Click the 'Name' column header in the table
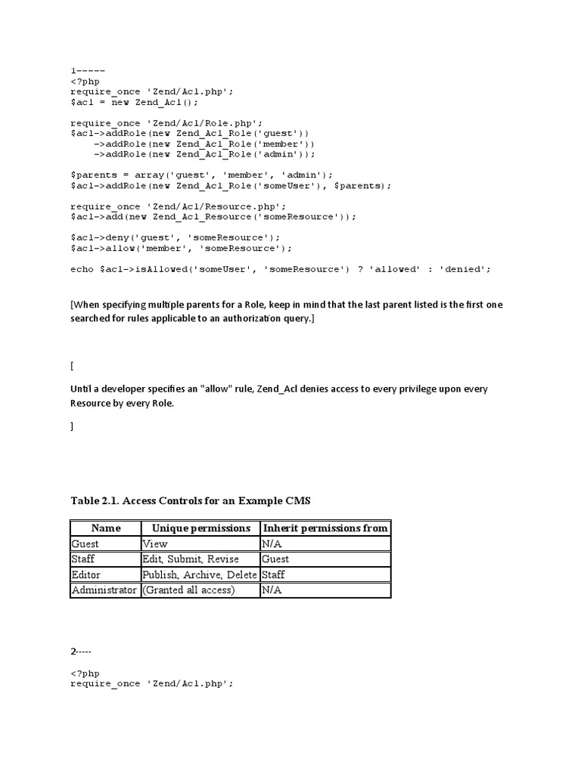(106, 528)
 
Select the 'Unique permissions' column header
(200, 528)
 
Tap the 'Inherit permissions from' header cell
(325, 528)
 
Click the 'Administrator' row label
(104, 590)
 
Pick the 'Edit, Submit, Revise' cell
(191, 559)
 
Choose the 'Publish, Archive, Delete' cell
(200, 574)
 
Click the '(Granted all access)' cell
(189, 590)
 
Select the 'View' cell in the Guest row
(155, 543)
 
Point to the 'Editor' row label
(85, 574)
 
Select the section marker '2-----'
(84, 650)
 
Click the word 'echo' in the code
(82, 268)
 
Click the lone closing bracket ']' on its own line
(72, 426)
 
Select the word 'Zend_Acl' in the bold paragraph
(278, 389)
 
